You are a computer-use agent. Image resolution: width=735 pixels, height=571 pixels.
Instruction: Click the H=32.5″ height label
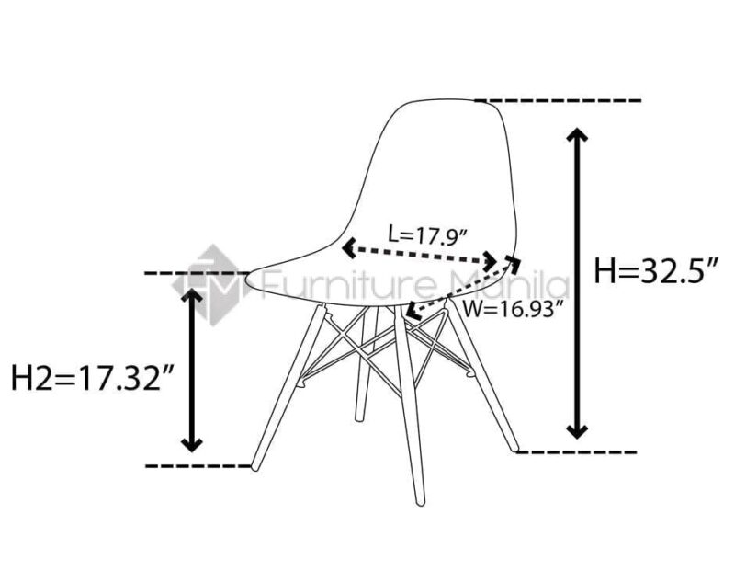656,270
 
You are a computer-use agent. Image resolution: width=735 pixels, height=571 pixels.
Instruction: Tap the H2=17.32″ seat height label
93,377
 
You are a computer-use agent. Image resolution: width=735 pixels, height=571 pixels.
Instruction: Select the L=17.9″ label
427,234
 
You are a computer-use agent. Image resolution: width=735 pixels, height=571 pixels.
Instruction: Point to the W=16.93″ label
511,310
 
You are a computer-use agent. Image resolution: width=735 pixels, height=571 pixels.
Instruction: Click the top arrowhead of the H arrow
577,134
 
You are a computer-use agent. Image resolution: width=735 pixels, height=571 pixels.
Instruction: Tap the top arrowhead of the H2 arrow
192,295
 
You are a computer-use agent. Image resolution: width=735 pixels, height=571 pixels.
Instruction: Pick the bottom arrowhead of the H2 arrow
192,444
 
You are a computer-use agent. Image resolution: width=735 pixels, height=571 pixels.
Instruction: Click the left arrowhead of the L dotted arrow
349,247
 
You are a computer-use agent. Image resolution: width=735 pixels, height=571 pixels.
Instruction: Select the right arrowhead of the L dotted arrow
491,261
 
